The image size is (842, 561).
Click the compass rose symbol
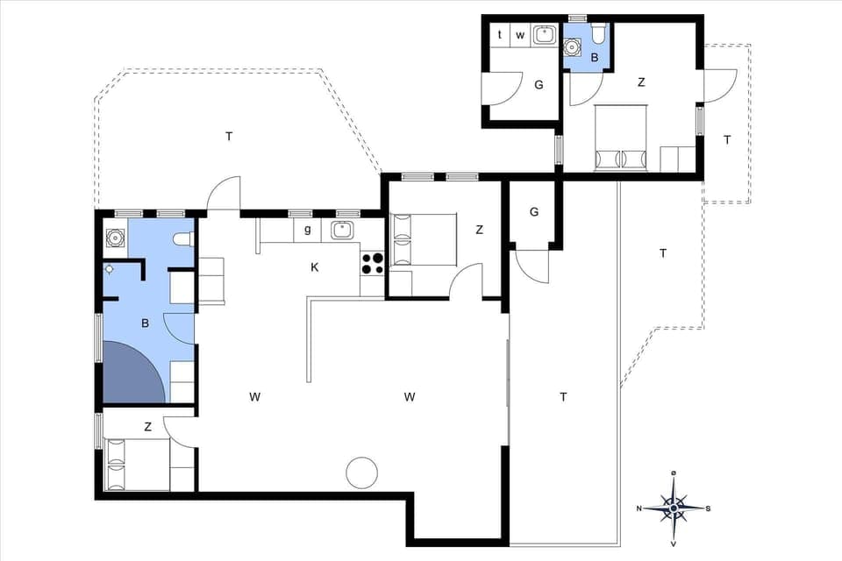(673, 507)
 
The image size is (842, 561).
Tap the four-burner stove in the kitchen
(372, 262)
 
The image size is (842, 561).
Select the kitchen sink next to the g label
(341, 231)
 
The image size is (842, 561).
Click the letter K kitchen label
(314, 267)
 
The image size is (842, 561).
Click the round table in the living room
(361, 473)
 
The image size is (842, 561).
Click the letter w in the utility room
(520, 35)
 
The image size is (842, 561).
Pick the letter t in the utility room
(500, 35)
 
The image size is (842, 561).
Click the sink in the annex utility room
(545, 35)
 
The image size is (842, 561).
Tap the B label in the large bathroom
(145, 323)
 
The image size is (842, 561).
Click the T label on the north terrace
(229, 136)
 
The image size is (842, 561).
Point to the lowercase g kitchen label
(307, 231)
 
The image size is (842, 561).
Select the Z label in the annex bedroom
(641, 82)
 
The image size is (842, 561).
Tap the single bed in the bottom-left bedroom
(138, 464)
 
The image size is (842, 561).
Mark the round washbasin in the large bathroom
(115, 237)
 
